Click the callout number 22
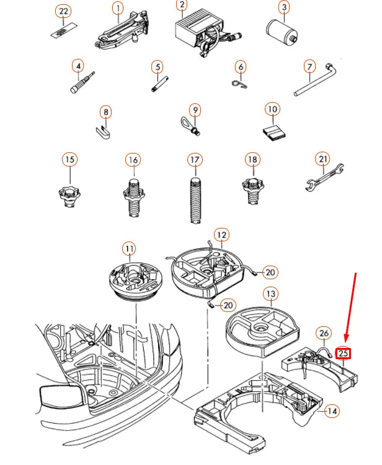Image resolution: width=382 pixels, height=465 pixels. click(63, 11)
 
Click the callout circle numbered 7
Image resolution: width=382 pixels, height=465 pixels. click(309, 67)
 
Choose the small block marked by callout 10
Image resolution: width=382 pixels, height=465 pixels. click(272, 132)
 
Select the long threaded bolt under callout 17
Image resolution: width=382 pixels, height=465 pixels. click(195, 198)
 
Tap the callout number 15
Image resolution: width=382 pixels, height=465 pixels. click(70, 160)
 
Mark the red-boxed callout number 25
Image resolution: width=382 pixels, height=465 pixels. click(344, 354)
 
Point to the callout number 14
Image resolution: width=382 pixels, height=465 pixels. click(332, 410)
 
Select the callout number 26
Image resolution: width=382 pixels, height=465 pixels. click(324, 334)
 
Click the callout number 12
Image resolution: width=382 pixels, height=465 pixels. click(222, 235)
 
